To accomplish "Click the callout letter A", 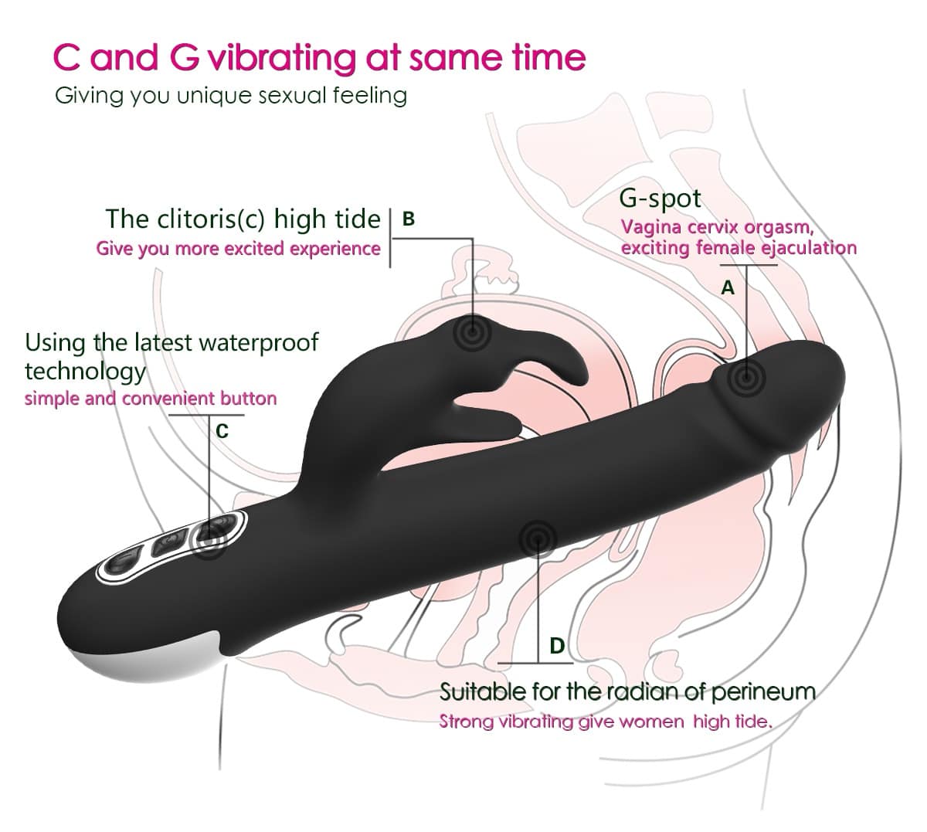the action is tap(727, 288).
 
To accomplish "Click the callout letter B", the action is tap(408, 219).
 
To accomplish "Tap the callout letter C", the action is tap(222, 431).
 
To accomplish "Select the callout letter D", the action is tap(557, 646).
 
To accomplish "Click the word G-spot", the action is tap(660, 199).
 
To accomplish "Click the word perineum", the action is tap(763, 692).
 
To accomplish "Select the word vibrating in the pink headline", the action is tap(282, 59).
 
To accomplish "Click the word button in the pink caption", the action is tap(249, 399).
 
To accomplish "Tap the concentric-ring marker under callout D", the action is tap(538, 540).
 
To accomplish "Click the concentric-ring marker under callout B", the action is tap(473, 332).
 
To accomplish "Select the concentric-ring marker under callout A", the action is tap(746, 378).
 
